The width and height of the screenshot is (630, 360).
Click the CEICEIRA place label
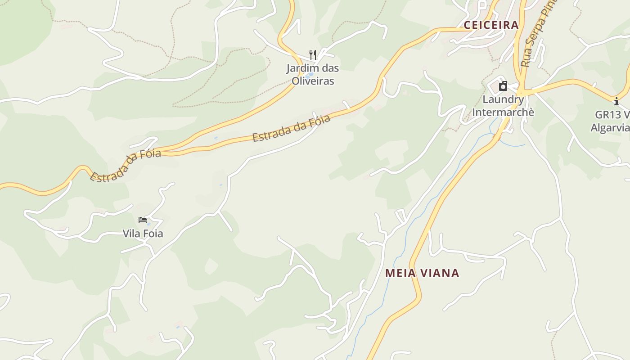point(491,25)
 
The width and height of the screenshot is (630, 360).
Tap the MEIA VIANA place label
point(422,273)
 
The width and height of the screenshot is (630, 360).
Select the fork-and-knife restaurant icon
point(313,55)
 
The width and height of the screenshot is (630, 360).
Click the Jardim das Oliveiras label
point(313,75)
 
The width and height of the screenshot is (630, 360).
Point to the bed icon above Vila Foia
point(143,220)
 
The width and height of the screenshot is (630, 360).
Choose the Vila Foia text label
point(143,234)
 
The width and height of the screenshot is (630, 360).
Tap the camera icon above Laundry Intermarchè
point(503,86)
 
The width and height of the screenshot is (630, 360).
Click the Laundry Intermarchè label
point(503,106)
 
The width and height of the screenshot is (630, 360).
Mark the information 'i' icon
point(616,101)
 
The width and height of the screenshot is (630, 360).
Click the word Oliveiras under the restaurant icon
point(313,81)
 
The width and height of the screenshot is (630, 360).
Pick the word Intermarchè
point(503,112)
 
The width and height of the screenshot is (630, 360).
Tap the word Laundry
point(503,99)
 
